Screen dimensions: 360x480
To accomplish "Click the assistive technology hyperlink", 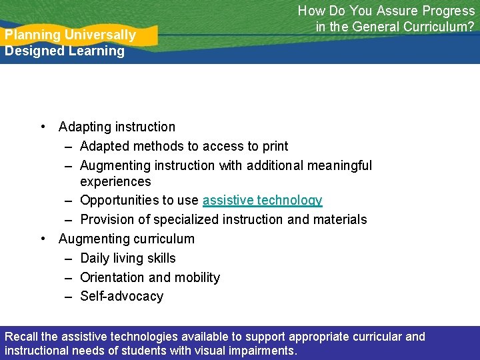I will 262,201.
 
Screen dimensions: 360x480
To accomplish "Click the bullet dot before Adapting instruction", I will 43,127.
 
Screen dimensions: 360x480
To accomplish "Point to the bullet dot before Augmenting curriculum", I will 43,239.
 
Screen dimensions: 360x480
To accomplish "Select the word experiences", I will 115,181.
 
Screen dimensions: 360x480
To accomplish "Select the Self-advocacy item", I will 121,297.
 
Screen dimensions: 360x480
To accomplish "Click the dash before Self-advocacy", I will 69,297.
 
